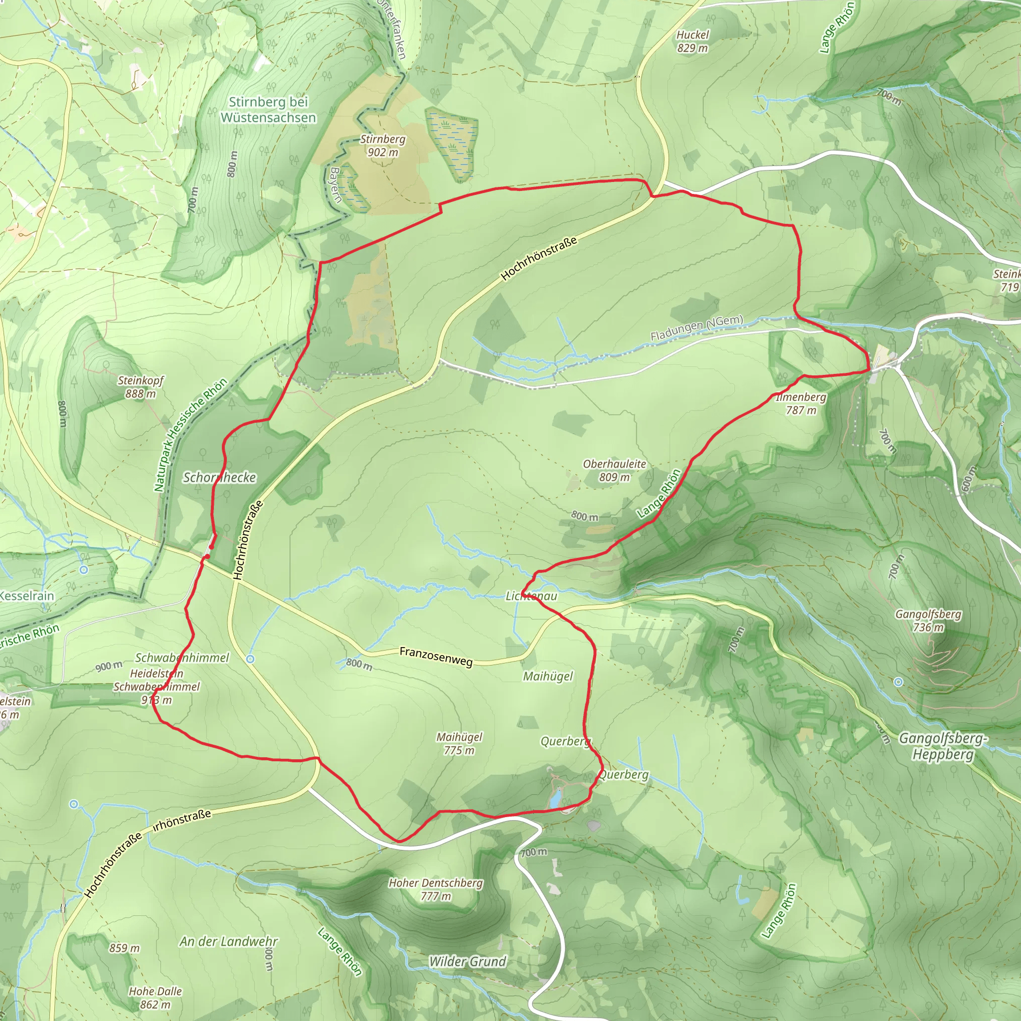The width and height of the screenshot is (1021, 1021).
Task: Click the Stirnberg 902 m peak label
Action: (382, 146)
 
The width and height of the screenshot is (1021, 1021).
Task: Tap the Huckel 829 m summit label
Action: (692, 41)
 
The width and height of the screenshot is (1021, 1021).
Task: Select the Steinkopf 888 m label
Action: (141, 387)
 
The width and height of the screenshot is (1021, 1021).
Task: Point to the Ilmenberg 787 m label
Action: (801, 404)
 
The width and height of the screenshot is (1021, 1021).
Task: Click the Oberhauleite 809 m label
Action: (614, 470)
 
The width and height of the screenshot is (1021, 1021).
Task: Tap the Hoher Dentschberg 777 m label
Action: (435, 889)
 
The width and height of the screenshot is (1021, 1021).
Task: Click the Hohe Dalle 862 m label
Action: (155, 998)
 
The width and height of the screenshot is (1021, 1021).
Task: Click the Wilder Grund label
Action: (467, 961)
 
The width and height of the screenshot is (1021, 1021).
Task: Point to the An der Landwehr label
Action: (228, 941)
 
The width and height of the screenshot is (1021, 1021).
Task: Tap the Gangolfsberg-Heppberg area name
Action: (943, 746)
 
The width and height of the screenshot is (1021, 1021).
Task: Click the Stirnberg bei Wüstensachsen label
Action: (269, 109)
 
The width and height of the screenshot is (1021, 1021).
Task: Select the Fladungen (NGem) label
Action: (696, 328)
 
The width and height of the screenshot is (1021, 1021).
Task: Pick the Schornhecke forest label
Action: (219, 478)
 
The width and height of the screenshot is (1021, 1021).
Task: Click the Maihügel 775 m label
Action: (459, 743)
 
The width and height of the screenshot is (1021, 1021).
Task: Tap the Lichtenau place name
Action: (531, 596)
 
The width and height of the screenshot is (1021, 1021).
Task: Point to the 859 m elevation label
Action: (125, 948)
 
